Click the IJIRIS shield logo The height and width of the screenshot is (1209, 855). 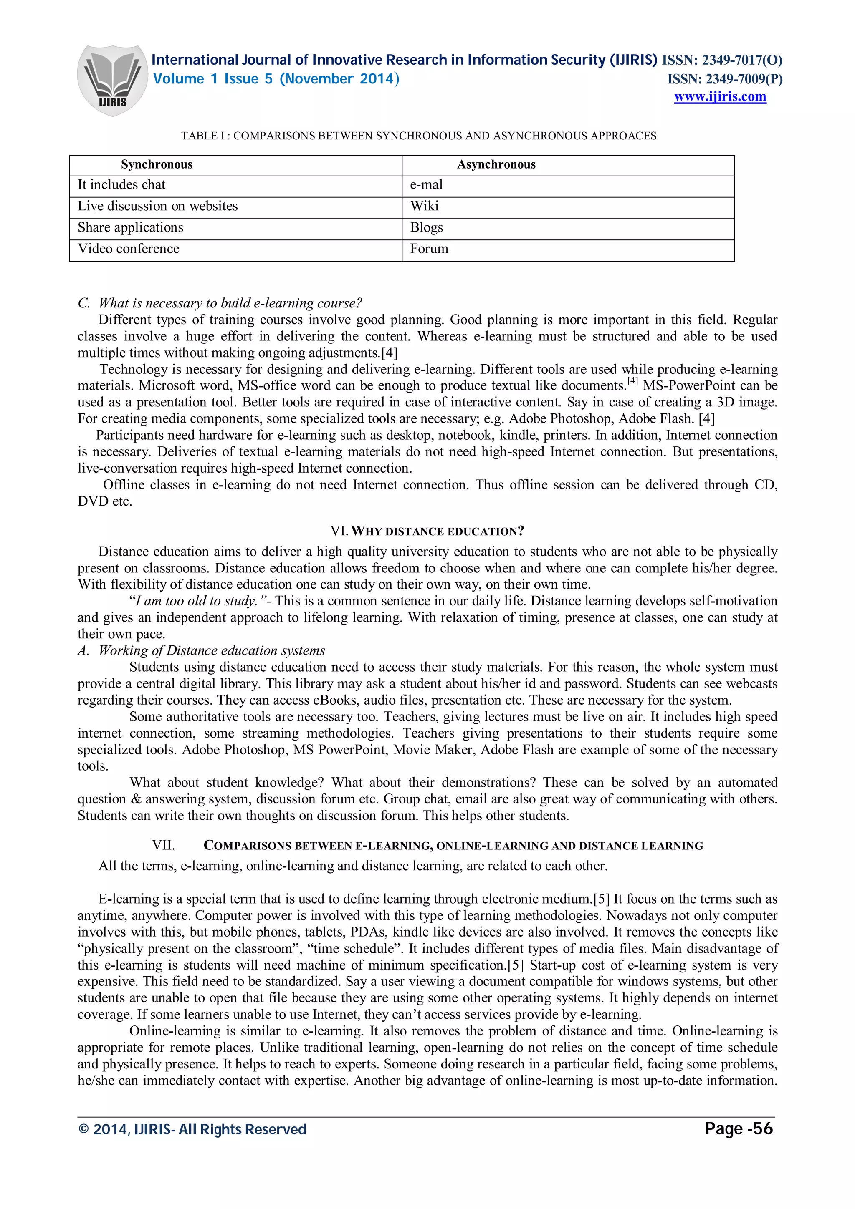click(112, 80)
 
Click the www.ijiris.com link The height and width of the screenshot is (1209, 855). click(720, 97)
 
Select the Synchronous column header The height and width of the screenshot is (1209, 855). click(157, 165)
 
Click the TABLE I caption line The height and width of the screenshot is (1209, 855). click(418, 136)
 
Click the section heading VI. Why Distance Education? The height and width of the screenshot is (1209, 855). click(427, 531)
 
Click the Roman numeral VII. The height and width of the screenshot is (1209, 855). click(163, 845)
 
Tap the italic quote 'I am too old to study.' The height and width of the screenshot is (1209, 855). click(193, 601)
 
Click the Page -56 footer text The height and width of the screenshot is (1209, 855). click(738, 1129)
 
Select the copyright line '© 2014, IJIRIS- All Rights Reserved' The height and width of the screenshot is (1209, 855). click(192, 1129)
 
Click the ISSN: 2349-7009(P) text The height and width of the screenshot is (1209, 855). click(724, 79)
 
